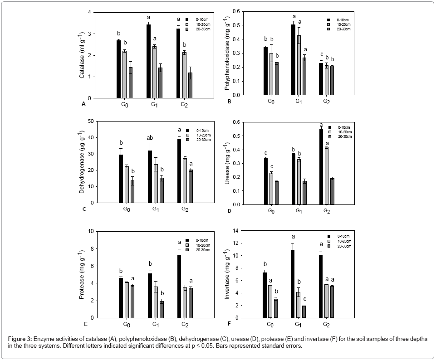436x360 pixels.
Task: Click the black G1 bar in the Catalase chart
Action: click(x=148, y=61)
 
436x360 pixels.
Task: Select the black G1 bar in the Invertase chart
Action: click(x=293, y=283)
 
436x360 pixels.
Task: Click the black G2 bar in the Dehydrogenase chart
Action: click(x=179, y=170)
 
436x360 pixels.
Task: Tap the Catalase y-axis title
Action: click(x=82, y=55)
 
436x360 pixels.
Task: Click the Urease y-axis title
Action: click(x=227, y=164)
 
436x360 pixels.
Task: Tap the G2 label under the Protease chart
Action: click(x=185, y=325)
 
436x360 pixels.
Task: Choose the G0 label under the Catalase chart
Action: click(x=124, y=104)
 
